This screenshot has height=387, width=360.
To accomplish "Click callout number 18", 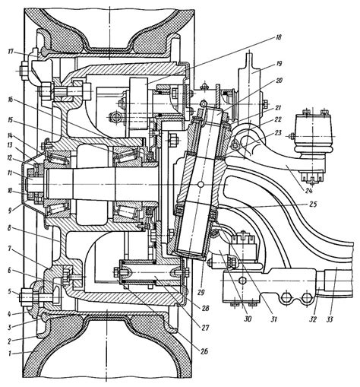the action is click(x=278, y=37).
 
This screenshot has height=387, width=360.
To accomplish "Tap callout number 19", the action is click(x=279, y=63).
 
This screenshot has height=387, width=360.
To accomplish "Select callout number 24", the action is click(x=308, y=190).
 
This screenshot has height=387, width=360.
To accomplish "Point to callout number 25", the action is click(x=313, y=204).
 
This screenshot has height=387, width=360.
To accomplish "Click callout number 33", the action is click(x=329, y=320).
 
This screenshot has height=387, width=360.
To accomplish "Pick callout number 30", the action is click(x=248, y=319).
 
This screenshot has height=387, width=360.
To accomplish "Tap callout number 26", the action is click(x=204, y=351).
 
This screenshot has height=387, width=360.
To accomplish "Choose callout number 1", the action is click(x=10, y=354).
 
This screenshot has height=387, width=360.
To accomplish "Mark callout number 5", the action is click(x=10, y=291).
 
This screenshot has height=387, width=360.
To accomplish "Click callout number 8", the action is click(x=10, y=230).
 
